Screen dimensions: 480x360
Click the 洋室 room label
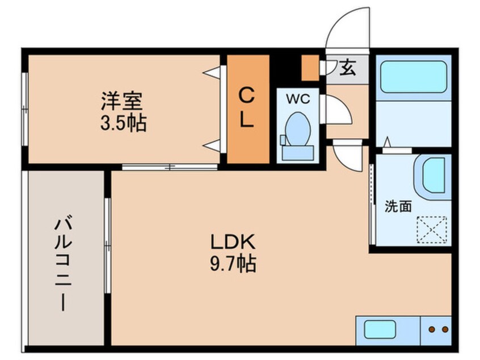122,101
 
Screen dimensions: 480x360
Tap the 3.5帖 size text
123,123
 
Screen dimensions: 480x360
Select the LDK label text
233,242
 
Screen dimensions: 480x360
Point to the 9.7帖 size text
233,263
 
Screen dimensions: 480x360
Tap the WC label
298,99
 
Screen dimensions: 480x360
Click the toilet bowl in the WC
297,129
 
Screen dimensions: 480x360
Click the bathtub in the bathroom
414,76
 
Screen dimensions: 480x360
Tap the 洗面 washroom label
398,206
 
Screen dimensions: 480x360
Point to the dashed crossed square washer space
432,229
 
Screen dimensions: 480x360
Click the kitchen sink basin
380,330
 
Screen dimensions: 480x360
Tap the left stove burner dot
432,330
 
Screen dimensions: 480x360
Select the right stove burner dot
445,330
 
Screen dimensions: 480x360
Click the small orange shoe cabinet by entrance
310,68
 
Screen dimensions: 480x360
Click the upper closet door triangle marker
212,73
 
